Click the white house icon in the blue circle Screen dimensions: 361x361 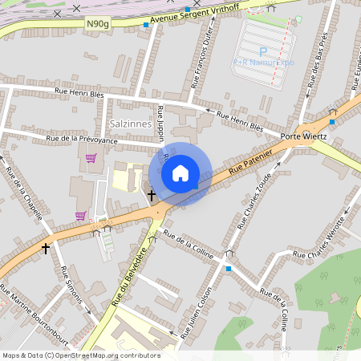pyautogui.click(x=180, y=173)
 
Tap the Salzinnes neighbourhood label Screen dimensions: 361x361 pyautogui.click(x=128, y=123)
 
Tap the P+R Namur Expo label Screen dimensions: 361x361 pyautogui.click(x=264, y=62)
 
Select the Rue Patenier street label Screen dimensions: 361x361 pyautogui.click(x=245, y=164)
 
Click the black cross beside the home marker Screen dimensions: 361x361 pyautogui.click(x=151, y=195)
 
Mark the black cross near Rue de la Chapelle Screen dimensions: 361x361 pyautogui.click(x=46, y=249)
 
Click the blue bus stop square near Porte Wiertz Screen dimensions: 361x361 pyautogui.click(x=332, y=122)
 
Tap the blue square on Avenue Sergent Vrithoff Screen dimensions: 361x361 pyautogui.click(x=145, y=25)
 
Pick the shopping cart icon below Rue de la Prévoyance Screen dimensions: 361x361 pyautogui.click(x=91, y=158)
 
